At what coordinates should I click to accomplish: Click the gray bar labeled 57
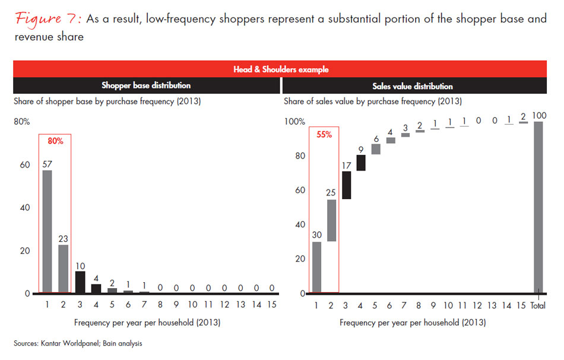[47, 232]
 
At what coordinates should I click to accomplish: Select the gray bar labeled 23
[64, 269]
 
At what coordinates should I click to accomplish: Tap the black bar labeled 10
[80, 282]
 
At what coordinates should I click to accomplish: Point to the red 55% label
[324, 134]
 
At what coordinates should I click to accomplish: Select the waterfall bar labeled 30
[316, 267]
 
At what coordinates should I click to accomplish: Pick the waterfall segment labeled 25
[332, 220]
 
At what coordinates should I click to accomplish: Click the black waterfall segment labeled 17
[347, 185]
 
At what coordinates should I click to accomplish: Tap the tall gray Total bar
[538, 207]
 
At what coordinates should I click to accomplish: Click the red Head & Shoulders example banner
[281, 69]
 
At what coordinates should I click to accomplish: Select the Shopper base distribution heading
[146, 86]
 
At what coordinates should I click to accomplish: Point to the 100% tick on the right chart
[294, 122]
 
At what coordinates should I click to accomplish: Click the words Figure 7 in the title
[47, 18]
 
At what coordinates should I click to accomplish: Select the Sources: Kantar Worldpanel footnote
[78, 343]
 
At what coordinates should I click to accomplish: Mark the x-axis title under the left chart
[147, 323]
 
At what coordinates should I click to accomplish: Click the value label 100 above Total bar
[538, 114]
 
